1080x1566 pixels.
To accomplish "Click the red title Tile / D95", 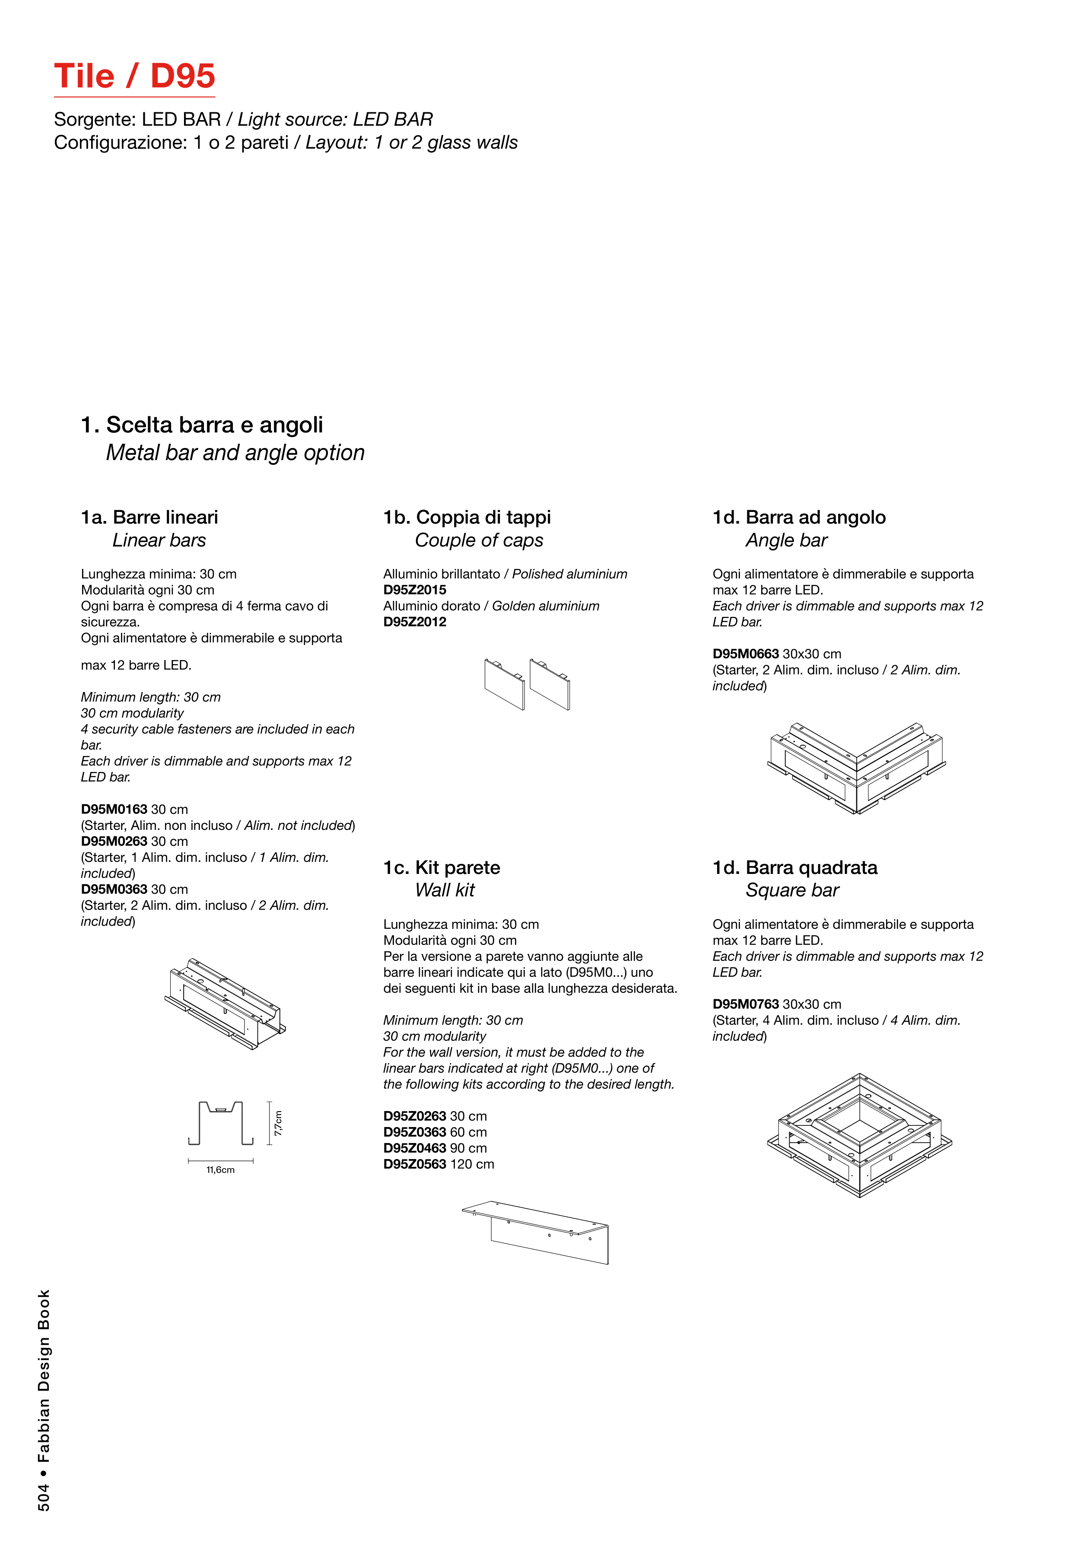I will coord(135,76).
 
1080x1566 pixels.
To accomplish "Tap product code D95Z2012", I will coord(414,622).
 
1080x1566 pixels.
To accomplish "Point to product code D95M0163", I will coord(114,810).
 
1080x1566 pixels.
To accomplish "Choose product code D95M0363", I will coord(114,889).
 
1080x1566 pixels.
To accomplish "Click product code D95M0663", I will coord(746,654).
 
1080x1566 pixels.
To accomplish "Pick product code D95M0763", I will coord(746,1004).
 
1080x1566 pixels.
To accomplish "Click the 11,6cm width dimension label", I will coord(221,1170).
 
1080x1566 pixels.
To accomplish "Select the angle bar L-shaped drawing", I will coord(857,768).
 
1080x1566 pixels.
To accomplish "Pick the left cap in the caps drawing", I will coord(504,684).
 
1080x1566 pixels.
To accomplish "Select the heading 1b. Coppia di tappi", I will coord(467,517).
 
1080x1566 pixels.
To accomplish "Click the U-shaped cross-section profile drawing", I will coord(221,1123).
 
